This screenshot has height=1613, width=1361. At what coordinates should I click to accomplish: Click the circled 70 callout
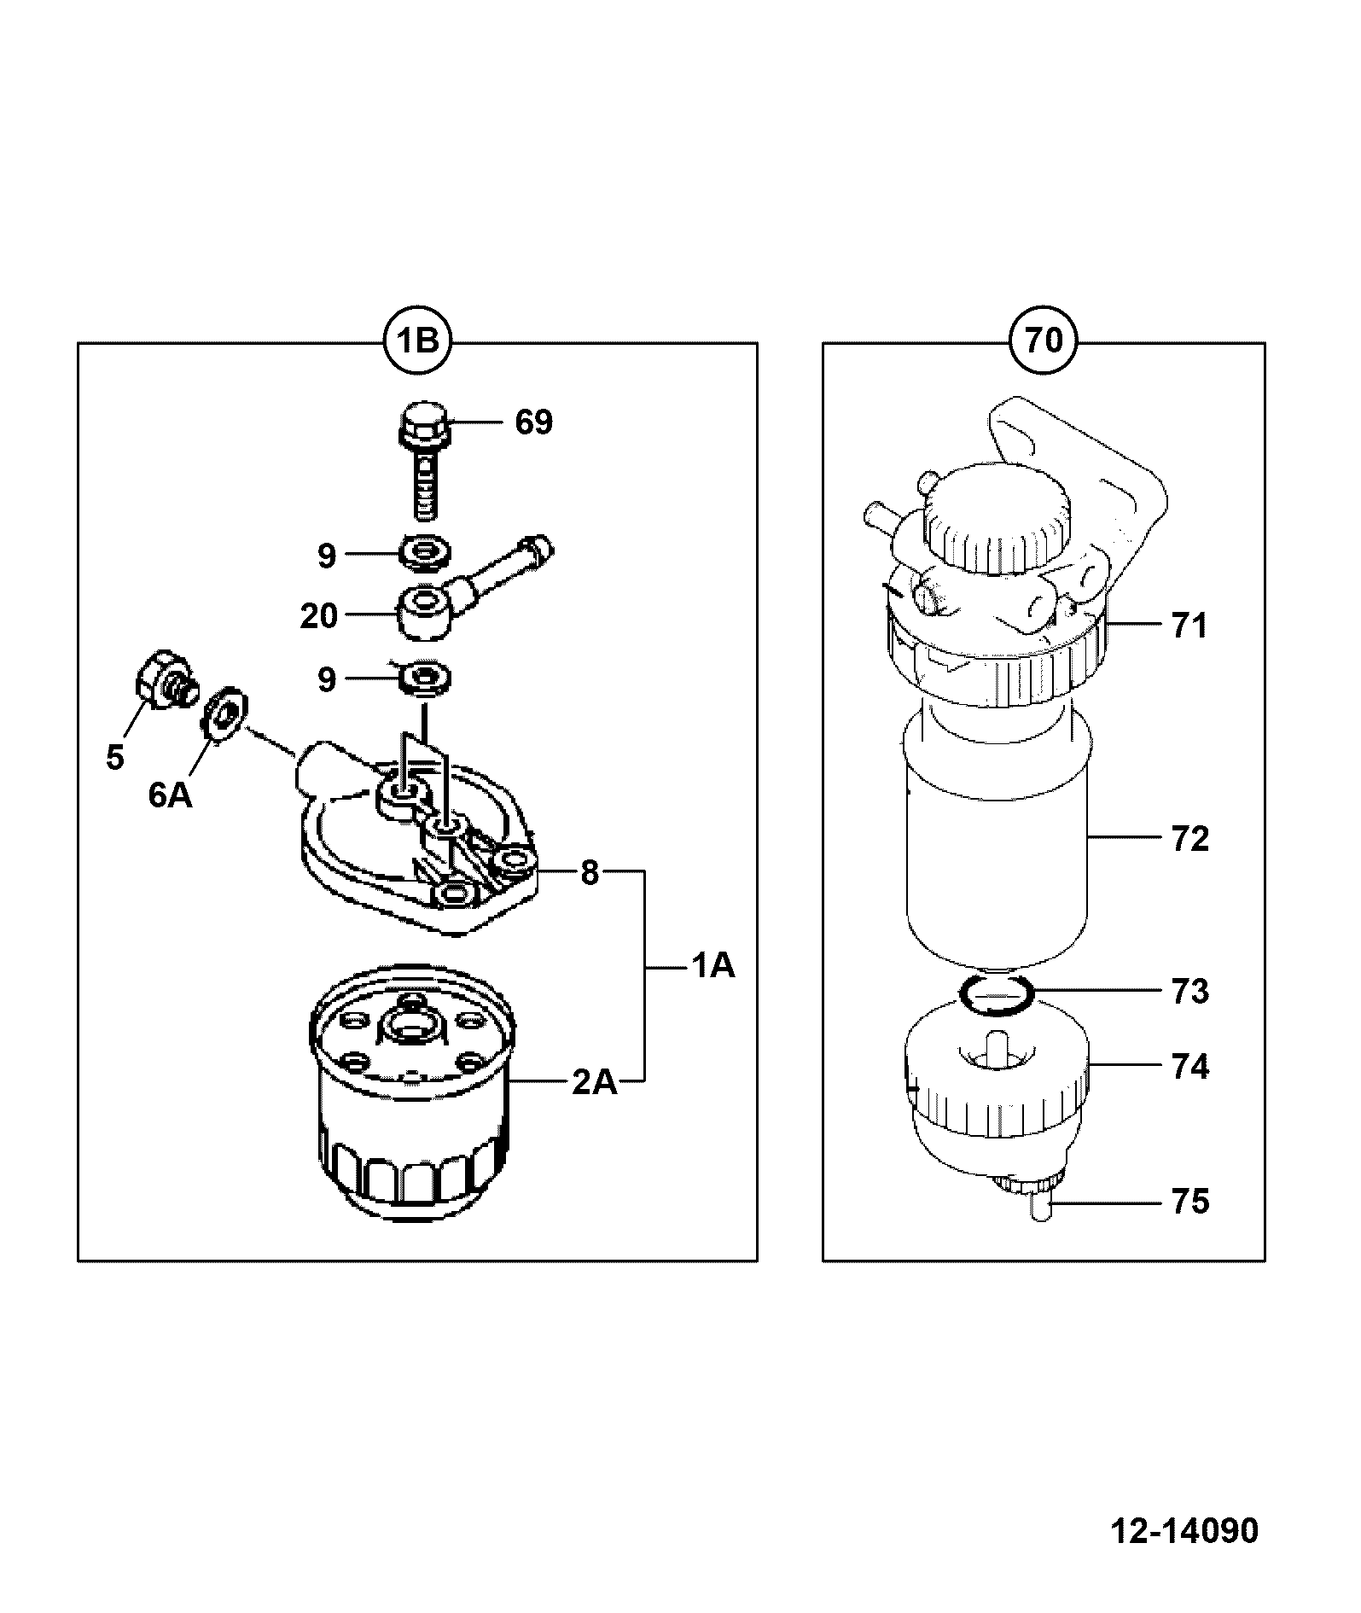click(1043, 341)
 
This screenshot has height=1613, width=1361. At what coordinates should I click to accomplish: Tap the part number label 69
click(533, 422)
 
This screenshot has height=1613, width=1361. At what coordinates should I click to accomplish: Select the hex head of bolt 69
click(425, 422)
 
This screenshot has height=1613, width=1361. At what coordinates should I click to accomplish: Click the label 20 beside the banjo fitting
click(319, 615)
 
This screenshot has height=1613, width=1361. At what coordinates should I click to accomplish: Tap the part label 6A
click(170, 795)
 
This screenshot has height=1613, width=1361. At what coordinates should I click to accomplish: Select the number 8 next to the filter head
click(590, 873)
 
